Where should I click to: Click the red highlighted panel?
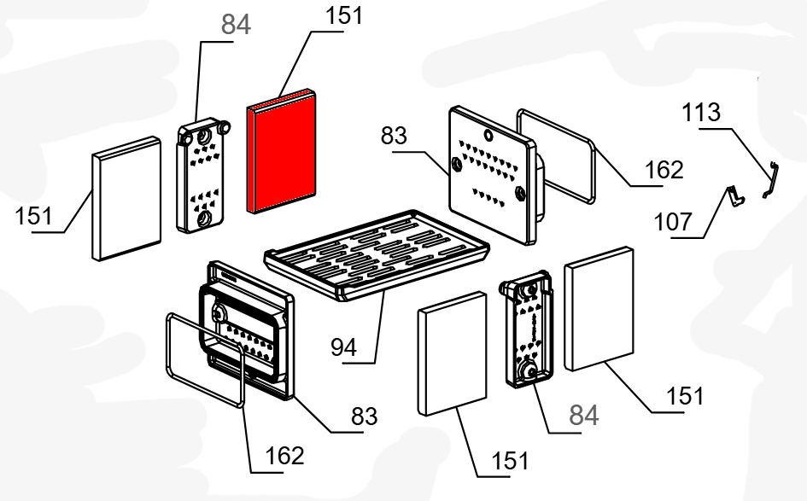point(281,151)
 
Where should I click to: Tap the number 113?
point(701,113)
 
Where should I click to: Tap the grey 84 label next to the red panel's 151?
point(236,26)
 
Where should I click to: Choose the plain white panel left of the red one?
point(126,198)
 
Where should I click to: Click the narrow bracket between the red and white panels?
point(202,175)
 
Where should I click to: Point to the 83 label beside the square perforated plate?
point(395,136)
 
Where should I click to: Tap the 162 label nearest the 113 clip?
point(664,170)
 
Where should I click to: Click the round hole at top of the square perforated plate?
point(488,134)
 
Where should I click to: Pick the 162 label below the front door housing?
point(284,455)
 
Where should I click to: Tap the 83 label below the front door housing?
point(364,416)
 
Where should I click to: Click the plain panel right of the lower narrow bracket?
point(600,309)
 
